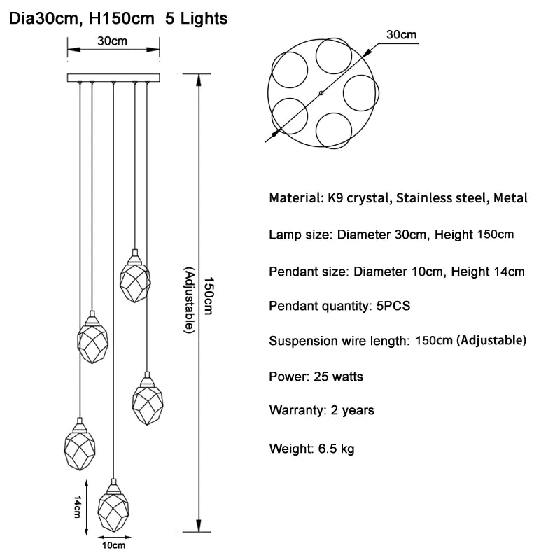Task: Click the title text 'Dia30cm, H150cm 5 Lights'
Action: (118, 19)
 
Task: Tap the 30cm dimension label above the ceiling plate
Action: (112, 41)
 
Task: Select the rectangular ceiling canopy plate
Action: (113, 78)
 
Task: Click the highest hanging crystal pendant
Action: (135, 276)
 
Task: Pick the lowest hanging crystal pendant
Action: (113, 505)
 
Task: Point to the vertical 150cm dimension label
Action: (208, 295)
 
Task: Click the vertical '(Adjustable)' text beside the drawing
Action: (189, 300)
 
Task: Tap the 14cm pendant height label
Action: (77, 506)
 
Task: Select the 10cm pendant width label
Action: (113, 545)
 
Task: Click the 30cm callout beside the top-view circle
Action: (401, 34)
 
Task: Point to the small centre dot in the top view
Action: (321, 93)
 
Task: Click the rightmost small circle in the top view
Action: (361, 93)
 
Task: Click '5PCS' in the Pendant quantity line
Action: (393, 306)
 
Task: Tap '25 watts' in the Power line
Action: (338, 377)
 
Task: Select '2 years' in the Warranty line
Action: (353, 410)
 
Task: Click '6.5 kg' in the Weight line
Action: (337, 449)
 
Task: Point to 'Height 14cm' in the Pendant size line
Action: (488, 272)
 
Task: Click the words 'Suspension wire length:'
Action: (339, 341)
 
